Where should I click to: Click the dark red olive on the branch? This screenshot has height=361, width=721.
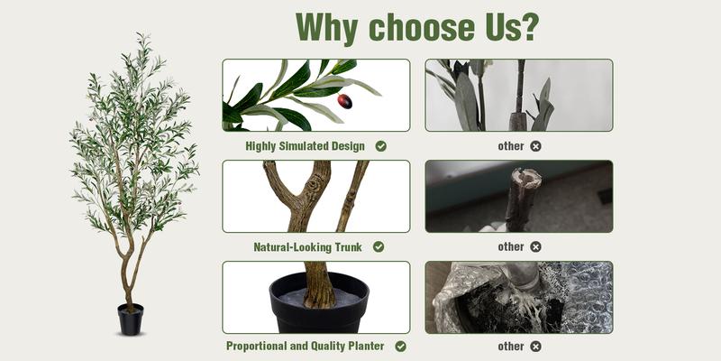click(345, 101)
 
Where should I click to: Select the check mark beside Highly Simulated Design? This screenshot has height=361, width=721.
click(381, 145)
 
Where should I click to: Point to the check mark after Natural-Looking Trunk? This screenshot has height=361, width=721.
click(379, 246)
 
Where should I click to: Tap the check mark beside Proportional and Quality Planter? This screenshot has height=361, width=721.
click(400, 346)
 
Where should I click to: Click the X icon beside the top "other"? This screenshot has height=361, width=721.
click(535, 145)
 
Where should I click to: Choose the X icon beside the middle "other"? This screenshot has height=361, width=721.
click(535, 246)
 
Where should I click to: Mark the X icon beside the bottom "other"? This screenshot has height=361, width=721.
click(535, 346)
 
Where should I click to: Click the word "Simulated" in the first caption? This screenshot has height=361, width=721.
click(307, 145)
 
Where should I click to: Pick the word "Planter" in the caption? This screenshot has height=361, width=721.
click(364, 346)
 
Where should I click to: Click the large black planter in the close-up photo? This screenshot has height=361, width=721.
click(318, 307)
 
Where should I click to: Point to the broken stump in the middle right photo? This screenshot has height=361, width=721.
click(523, 194)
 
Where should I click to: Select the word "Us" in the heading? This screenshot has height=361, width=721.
click(492, 27)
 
